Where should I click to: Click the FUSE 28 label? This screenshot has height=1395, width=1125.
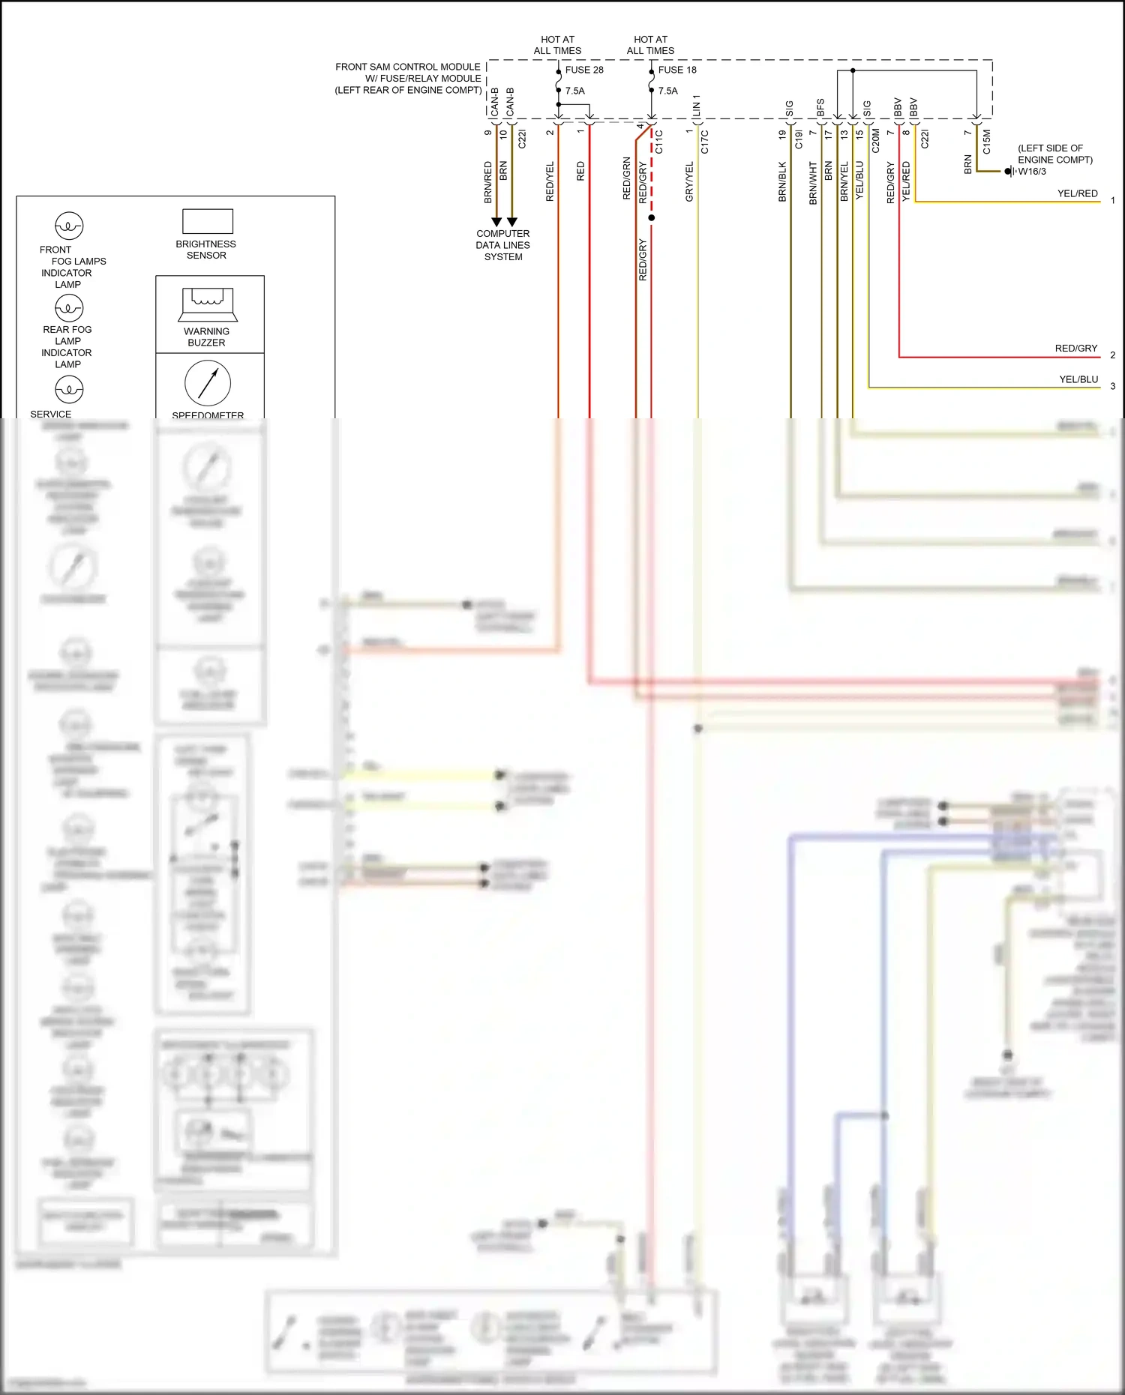(584, 70)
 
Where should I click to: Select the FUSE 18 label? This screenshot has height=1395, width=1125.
(677, 70)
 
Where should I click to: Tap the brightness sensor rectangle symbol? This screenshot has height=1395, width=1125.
(208, 221)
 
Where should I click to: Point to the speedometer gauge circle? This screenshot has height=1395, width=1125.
(208, 382)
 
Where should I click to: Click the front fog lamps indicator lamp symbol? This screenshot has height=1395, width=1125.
(69, 226)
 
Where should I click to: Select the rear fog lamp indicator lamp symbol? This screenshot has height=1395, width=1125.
(69, 307)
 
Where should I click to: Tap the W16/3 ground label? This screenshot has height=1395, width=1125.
(1032, 172)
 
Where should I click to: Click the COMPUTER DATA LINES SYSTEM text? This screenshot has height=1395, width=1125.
(502, 245)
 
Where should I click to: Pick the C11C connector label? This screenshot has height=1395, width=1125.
(659, 142)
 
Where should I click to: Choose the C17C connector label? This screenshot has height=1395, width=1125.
(704, 142)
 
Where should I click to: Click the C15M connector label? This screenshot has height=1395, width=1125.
(986, 142)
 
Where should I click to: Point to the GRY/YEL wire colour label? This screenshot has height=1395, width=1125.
(689, 181)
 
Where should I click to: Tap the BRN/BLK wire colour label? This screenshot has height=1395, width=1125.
(782, 181)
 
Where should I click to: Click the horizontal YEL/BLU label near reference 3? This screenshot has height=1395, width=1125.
(1078, 379)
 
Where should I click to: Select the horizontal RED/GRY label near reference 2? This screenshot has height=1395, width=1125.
(1076, 349)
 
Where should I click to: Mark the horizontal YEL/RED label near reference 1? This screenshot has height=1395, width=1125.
(1078, 193)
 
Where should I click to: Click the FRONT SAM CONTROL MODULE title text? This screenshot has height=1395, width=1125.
(408, 67)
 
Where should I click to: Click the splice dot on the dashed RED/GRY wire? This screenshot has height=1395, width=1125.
(652, 218)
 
